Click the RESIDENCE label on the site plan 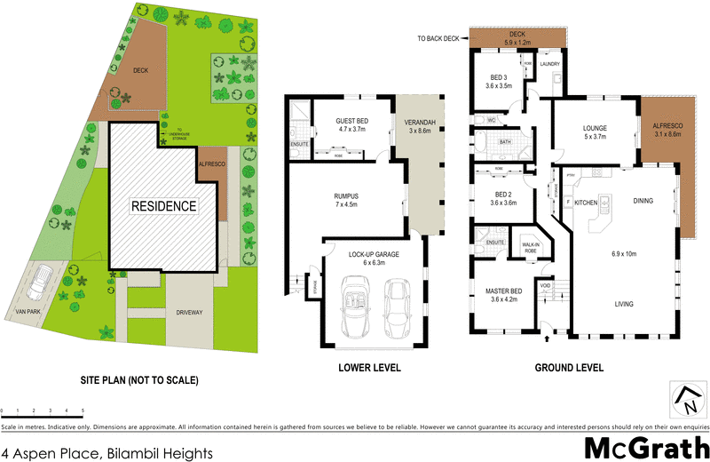(163, 206)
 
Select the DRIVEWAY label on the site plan (191, 312)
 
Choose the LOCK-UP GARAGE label (367, 255)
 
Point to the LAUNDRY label (548, 64)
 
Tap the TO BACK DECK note (440, 39)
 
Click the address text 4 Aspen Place (106, 452)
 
